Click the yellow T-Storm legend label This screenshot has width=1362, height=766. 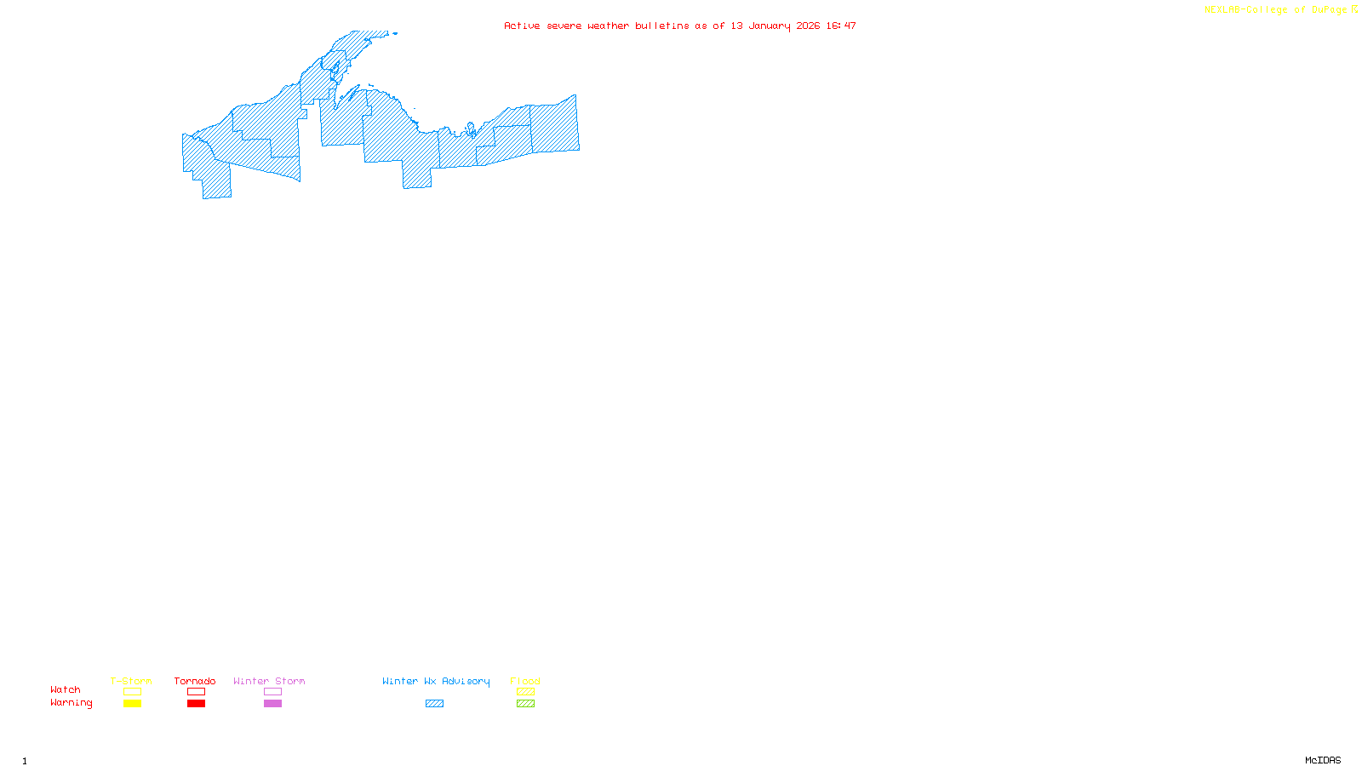click(131, 681)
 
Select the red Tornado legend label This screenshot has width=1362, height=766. click(195, 681)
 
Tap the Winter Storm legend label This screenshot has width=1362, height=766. click(269, 681)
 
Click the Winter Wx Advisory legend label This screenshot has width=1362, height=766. click(436, 681)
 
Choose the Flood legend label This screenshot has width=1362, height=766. click(525, 681)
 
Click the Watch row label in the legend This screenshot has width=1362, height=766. click(66, 690)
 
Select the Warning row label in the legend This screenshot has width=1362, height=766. click(72, 703)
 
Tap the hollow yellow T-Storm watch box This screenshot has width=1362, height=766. click(132, 692)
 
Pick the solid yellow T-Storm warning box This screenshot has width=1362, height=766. click(132, 704)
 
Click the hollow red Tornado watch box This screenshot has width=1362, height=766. click(196, 692)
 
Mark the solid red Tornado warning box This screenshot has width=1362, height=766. click(196, 704)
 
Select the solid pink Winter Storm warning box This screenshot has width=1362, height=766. click(272, 704)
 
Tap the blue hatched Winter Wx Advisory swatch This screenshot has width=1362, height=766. click(434, 704)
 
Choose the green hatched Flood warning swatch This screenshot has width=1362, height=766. click(525, 704)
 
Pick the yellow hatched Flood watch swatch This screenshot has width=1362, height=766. click(525, 692)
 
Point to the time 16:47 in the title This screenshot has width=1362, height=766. click(841, 26)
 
